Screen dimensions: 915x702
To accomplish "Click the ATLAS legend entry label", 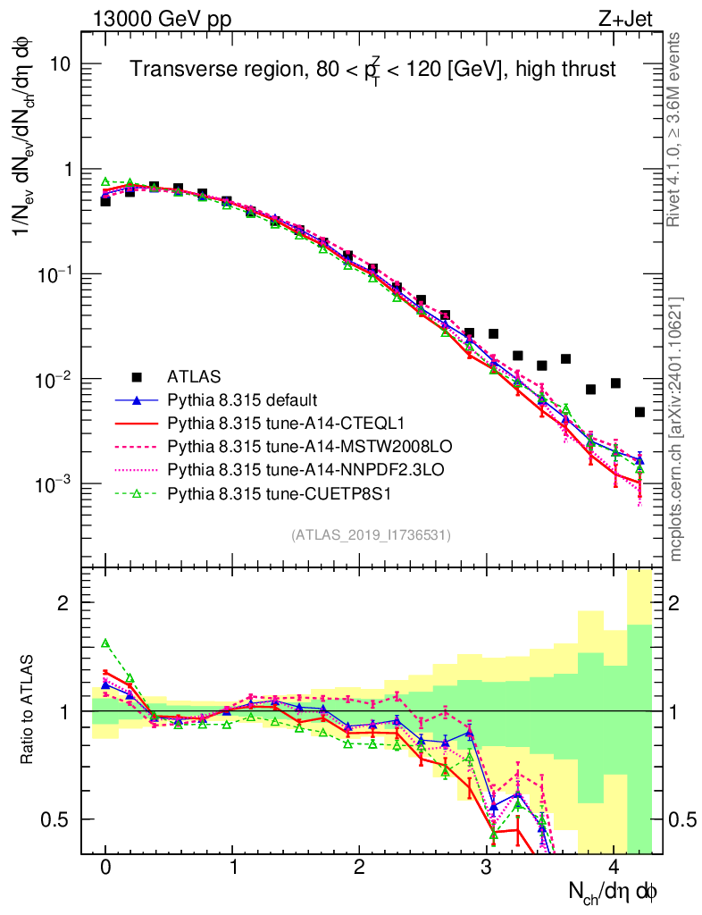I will pos(195,375).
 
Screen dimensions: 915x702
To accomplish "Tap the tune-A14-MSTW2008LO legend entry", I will pos(280,445).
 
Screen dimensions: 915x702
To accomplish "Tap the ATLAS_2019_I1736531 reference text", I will pos(371,535).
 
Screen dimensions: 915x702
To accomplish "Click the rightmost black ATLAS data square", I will pos(639,412).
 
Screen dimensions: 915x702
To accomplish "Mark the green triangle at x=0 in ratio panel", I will pos(105,642).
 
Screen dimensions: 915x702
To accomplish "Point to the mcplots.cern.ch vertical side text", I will pos(675,429).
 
